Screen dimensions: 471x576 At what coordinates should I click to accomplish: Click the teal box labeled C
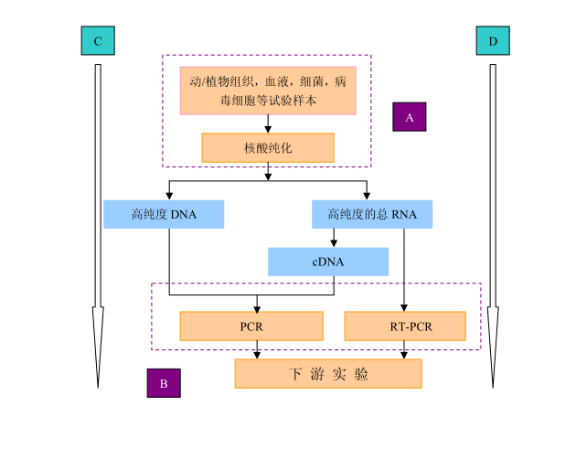coord(98,41)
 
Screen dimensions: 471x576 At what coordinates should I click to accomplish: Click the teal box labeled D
coord(493,41)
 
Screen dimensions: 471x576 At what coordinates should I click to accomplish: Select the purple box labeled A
coord(410,117)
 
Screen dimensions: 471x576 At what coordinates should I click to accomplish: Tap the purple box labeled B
coord(164,383)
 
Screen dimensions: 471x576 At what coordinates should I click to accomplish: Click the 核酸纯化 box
coord(268,147)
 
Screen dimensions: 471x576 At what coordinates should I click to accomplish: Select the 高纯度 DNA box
coord(164,215)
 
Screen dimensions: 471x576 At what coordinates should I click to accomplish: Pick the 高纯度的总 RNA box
coord(372,215)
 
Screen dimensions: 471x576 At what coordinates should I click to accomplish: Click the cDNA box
coord(328,262)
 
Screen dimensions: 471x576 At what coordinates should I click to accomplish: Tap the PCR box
coord(251,326)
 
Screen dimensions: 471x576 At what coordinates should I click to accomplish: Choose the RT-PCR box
coord(405,326)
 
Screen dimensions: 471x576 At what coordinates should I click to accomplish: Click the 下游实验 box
coord(328,374)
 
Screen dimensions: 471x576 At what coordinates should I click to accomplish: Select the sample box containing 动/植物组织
coord(268,91)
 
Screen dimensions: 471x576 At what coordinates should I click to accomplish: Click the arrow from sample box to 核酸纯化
coord(268,124)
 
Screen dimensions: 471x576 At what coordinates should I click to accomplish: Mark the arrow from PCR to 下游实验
coord(257,349)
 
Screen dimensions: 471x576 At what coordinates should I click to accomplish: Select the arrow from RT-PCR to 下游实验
coord(404,349)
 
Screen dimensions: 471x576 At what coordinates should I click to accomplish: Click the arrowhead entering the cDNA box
coord(334,243)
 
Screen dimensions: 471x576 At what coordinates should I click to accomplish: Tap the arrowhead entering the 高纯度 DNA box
coord(169,196)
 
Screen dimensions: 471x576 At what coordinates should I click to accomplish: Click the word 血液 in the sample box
coord(274,81)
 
